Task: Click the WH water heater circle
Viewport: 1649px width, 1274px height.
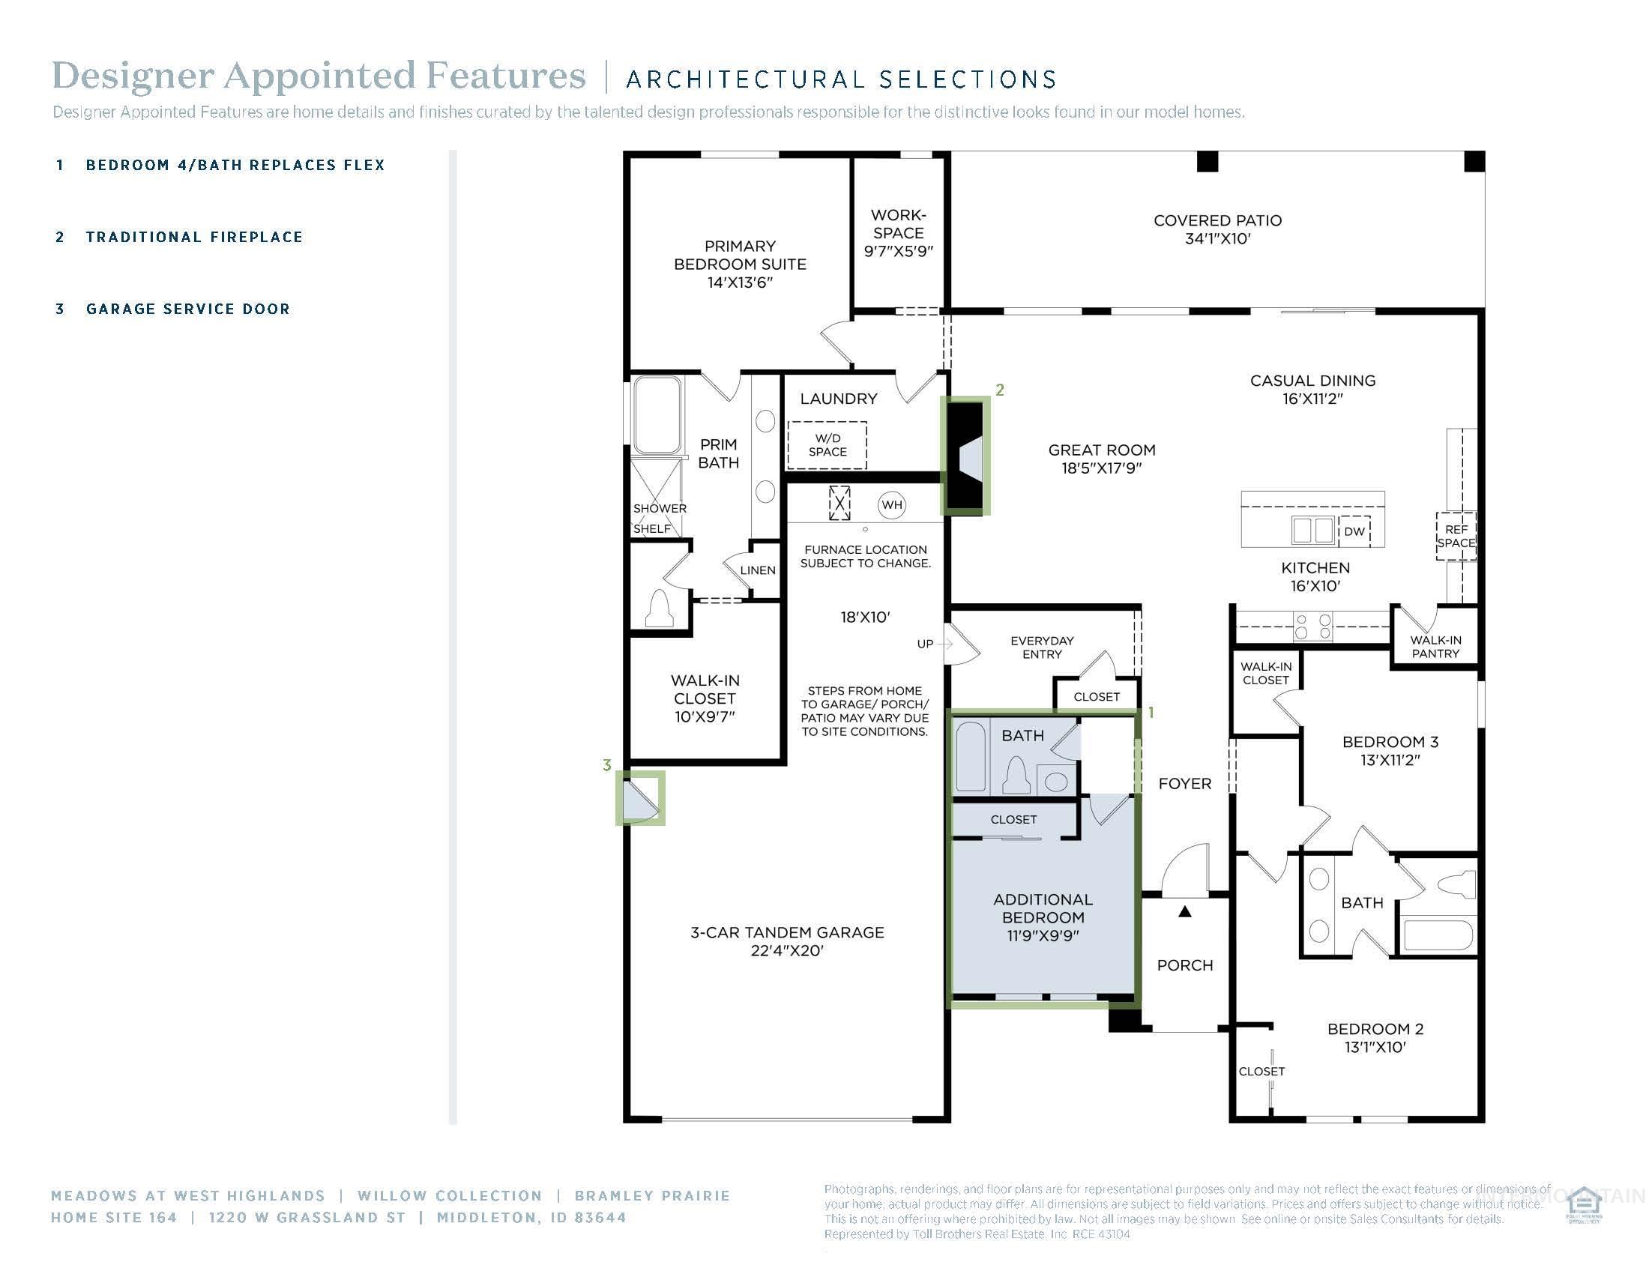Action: coord(892,505)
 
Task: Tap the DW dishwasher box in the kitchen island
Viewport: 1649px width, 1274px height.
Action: coord(1354,531)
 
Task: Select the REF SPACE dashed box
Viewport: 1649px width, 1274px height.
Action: coord(1456,537)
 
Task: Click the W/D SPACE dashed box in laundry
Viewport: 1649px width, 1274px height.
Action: coord(827,445)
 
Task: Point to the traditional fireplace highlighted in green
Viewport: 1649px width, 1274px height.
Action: coord(965,456)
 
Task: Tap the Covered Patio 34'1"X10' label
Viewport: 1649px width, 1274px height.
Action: coord(1217,229)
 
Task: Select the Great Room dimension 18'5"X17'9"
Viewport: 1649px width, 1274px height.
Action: coord(1101,468)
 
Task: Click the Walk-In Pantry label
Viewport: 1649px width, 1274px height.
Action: coord(1435,647)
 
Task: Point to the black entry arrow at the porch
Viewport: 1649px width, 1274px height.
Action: coord(1184,912)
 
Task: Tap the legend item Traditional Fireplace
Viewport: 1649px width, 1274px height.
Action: coord(194,237)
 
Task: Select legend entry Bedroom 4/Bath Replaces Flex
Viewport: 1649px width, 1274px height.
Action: coord(235,166)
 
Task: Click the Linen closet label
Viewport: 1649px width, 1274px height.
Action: coord(757,570)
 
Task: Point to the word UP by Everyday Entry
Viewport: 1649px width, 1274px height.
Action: coord(925,644)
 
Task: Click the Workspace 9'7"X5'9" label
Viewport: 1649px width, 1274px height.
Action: coord(898,233)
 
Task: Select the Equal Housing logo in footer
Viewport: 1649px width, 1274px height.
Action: coord(1583,1205)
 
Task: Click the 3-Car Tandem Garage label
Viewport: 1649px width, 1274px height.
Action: coord(787,941)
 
